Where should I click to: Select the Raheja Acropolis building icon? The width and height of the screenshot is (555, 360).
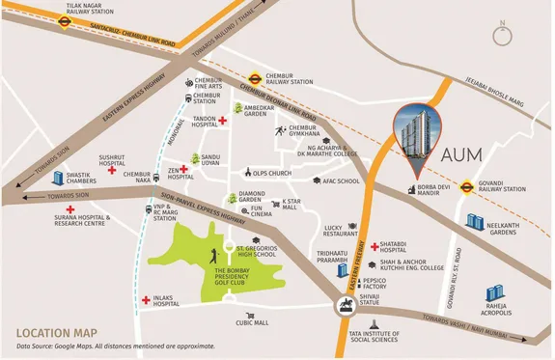tap(494, 292)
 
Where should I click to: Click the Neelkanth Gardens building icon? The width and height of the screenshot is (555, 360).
tap(475, 222)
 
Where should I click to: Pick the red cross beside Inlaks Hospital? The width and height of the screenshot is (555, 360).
tap(146, 301)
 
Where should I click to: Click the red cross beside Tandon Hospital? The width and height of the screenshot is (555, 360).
tap(222, 121)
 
